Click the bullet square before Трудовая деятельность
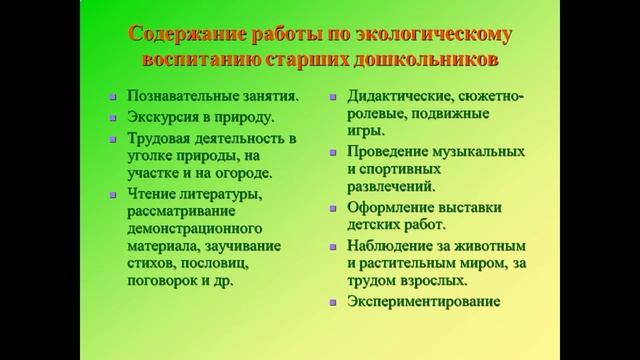click(112, 137)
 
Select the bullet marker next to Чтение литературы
click(112, 193)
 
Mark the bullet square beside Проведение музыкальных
click(334, 151)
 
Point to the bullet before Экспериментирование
click(334, 300)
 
